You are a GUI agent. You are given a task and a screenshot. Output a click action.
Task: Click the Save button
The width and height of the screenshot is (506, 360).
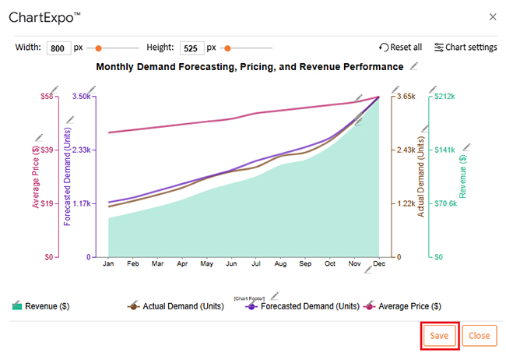439,335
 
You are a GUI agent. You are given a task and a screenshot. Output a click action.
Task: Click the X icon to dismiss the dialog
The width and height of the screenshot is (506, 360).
492,16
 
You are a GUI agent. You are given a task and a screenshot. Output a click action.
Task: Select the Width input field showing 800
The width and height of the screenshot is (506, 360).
59,48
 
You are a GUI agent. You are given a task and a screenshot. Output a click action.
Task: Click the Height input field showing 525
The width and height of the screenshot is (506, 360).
192,48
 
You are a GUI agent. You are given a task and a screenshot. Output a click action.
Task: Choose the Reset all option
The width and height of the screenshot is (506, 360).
400,48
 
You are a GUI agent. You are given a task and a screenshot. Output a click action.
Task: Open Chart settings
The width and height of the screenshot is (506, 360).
466,48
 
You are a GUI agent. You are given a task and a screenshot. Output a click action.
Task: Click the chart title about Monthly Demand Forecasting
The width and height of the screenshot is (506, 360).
249,67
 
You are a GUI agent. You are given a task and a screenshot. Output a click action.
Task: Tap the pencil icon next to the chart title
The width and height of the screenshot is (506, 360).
415,66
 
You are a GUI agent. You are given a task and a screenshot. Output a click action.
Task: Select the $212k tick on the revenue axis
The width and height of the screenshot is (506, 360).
445,97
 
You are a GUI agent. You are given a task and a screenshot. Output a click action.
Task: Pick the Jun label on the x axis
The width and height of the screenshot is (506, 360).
230,264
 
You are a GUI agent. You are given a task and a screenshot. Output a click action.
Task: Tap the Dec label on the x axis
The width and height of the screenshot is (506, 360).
378,264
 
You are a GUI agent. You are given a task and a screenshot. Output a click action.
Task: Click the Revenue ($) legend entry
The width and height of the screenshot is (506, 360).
40,306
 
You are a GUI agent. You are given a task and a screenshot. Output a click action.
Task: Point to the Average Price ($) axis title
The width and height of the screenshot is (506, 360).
36,176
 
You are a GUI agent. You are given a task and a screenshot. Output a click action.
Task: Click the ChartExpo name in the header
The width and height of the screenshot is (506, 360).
44,16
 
